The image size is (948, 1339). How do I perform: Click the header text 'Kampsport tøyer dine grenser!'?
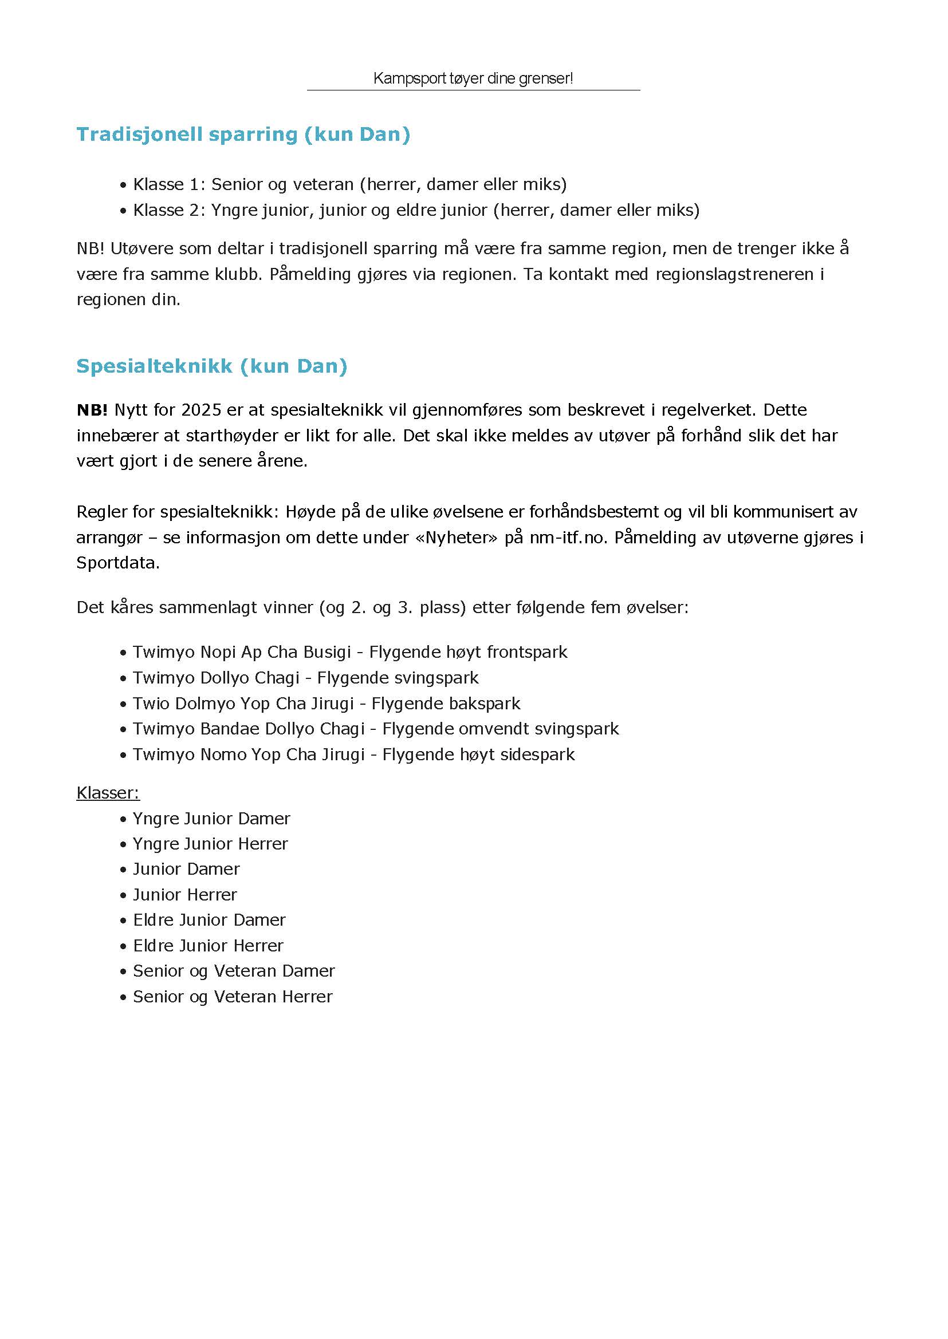(473, 78)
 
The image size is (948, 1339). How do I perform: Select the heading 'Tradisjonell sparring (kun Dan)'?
(243, 134)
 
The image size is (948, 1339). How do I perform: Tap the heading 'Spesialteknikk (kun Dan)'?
(212, 366)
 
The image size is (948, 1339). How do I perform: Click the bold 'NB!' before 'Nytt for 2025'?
(92, 409)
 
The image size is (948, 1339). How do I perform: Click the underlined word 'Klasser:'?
(108, 792)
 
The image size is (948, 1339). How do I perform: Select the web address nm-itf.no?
(569, 537)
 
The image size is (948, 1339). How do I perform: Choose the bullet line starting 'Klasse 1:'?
(349, 184)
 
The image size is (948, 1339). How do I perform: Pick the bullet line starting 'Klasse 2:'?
(416, 210)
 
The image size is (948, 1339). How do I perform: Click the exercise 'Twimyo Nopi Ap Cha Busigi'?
(242, 651)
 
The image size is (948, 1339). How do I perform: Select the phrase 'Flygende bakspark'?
(446, 703)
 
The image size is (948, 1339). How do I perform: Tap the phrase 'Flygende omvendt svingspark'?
(500, 729)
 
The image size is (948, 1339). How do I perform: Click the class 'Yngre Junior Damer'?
(211, 819)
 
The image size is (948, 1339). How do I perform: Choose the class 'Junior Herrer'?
(185, 894)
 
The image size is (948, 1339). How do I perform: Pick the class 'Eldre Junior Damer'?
(209, 920)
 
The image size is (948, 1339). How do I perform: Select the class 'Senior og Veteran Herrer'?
(233, 996)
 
